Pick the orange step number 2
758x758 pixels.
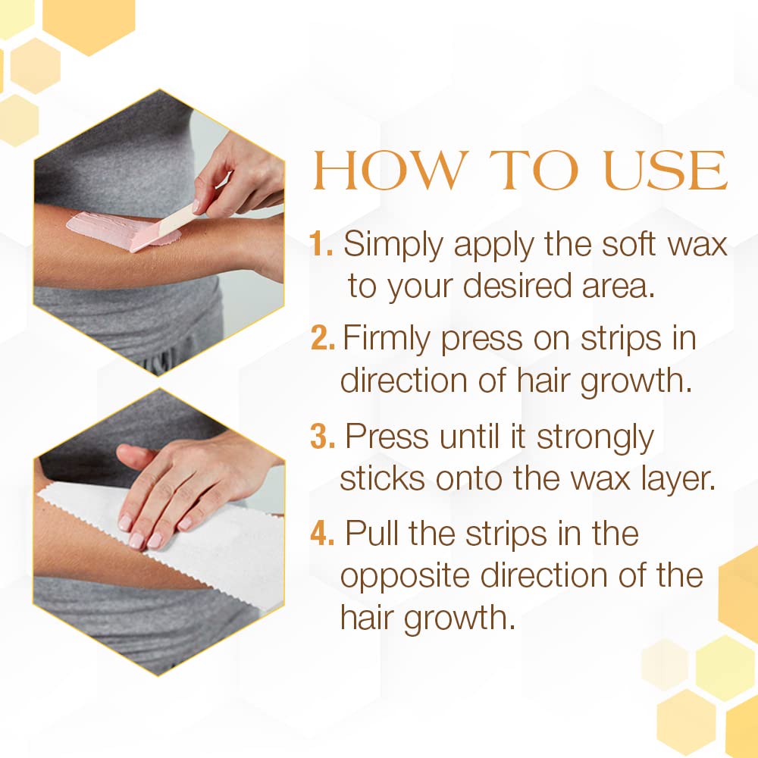click(x=322, y=339)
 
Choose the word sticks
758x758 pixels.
click(x=378, y=478)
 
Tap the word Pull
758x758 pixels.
click(x=372, y=534)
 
